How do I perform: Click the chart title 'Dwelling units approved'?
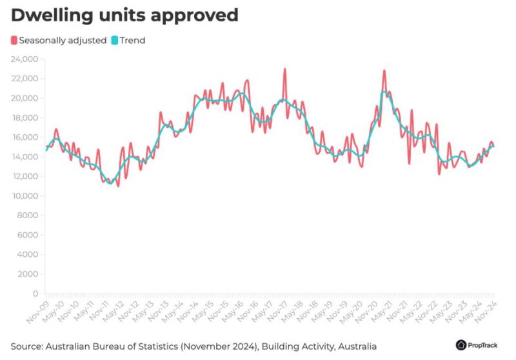124,15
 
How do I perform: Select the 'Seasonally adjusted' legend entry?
63,40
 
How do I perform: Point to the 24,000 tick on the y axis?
24,59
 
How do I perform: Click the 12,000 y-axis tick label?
24,176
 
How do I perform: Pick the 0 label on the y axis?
35,294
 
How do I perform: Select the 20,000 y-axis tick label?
24,98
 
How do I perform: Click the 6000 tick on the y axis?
27,235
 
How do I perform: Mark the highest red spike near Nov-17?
284,69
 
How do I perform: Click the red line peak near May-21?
384,70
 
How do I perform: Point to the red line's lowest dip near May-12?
118,186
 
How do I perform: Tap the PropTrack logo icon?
461,345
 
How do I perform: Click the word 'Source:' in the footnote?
26,346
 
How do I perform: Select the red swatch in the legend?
14,40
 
